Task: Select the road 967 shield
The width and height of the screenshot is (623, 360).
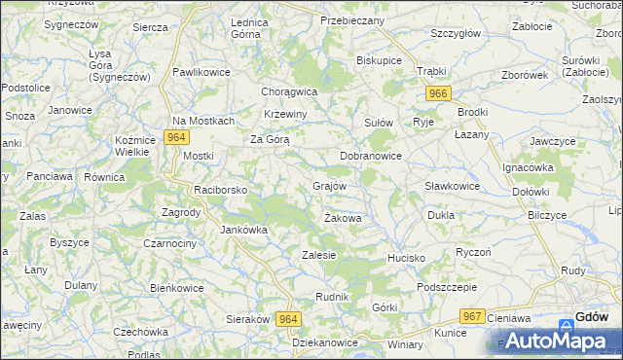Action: (x=473, y=316)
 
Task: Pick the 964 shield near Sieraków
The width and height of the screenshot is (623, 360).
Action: (x=287, y=319)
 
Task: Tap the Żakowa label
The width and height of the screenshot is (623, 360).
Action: (x=343, y=219)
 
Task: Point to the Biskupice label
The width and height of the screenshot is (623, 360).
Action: (x=380, y=59)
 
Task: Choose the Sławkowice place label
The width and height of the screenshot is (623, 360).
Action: (x=453, y=186)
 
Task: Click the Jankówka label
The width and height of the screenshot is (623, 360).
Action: (x=243, y=231)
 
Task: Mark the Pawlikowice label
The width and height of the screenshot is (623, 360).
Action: (x=201, y=72)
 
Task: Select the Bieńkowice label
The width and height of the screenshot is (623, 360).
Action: (x=176, y=288)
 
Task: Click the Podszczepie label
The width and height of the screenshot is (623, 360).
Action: (x=446, y=287)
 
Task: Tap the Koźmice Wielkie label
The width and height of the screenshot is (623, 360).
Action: (x=135, y=146)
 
